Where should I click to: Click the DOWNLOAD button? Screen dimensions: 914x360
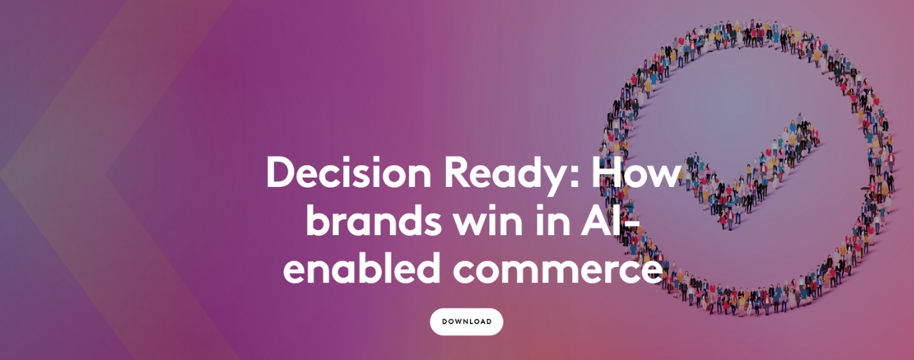(x=466, y=321)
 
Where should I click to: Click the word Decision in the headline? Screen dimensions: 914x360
(x=348, y=173)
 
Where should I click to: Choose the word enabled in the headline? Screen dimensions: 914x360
(x=361, y=267)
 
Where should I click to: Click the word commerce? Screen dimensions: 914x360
(x=558, y=272)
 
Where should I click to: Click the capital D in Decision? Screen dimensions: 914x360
(x=281, y=173)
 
